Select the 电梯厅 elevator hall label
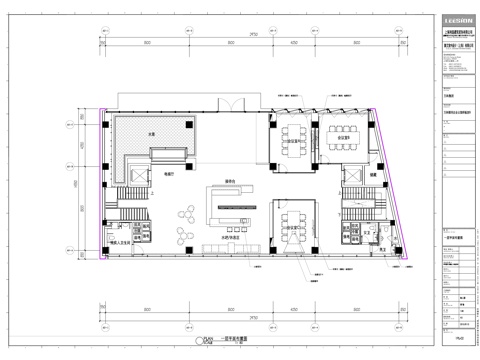(155, 172)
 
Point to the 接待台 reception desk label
(230, 182)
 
